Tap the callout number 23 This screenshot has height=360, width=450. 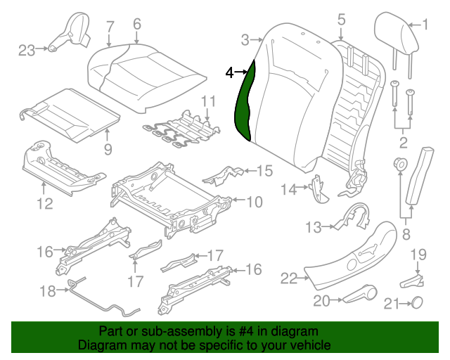coord(26,49)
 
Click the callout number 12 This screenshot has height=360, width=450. coord(44,204)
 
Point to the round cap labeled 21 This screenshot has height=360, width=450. coord(416,303)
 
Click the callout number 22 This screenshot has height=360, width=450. coord(289,278)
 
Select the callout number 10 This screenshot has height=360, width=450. coord(254,202)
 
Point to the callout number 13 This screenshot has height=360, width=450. coord(313,227)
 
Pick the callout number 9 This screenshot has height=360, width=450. coord(108,148)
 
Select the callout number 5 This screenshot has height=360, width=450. coord(341,20)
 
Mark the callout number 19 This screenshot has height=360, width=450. coord(418,253)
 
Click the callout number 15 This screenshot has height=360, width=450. coord(264,170)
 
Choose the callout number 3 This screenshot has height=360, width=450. coord(245,39)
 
